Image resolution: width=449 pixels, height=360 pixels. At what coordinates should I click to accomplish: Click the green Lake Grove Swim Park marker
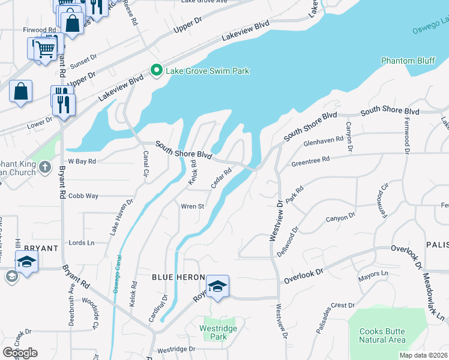point(157,71)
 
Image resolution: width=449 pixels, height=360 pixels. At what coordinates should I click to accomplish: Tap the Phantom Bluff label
point(408,60)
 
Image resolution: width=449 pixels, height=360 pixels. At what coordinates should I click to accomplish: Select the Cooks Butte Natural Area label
point(382,335)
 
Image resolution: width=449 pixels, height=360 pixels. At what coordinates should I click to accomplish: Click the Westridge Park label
point(218,332)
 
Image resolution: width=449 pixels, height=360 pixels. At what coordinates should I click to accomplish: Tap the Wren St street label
point(193,206)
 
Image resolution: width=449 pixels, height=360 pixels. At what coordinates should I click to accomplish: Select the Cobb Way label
point(83,196)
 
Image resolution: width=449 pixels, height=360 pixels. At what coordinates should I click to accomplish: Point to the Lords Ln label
point(82,243)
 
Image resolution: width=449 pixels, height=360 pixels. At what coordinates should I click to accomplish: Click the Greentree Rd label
point(310,160)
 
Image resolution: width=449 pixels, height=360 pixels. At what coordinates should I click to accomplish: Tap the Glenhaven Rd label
point(323,140)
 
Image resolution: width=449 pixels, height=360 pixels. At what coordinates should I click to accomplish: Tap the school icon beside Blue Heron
point(218,286)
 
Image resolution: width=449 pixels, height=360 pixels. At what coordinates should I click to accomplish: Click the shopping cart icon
point(46,49)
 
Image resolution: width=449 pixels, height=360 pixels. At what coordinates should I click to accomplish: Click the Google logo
point(20,353)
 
